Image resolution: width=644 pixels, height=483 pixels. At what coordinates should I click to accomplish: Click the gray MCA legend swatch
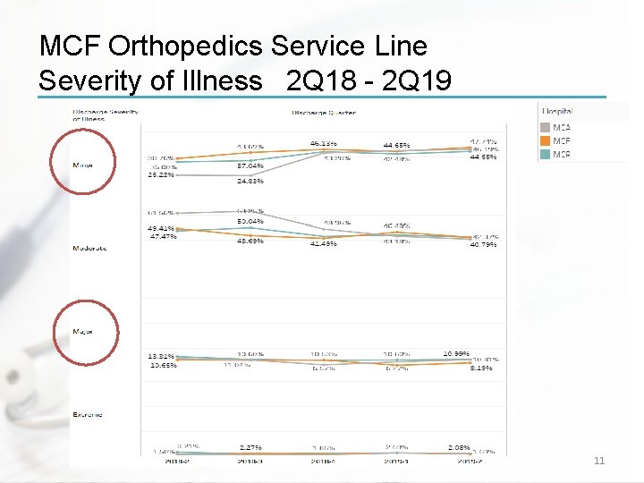(546, 128)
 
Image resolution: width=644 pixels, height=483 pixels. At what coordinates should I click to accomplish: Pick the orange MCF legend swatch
(546, 141)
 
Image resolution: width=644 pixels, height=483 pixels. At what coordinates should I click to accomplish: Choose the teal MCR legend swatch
(546, 155)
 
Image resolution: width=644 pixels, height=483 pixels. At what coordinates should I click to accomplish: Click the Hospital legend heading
(557, 112)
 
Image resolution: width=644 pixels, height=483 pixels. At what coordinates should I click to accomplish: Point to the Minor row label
(82, 165)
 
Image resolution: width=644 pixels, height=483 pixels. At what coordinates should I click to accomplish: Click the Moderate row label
(89, 248)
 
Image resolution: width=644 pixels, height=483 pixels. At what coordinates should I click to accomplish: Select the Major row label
(82, 331)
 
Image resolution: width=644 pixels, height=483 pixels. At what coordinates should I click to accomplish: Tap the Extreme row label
(88, 414)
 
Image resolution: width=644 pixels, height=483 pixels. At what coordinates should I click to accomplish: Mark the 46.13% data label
(323, 142)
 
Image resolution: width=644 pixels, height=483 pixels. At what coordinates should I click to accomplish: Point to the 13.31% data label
(161, 356)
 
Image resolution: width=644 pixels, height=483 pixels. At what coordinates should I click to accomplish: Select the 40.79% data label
(484, 244)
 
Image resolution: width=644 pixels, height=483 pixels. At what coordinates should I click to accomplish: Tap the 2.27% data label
(250, 447)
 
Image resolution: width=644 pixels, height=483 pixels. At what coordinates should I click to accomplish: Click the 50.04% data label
(250, 221)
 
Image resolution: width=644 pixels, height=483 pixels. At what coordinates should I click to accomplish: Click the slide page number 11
(599, 461)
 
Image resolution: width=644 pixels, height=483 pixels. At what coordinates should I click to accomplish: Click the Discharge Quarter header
(323, 113)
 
